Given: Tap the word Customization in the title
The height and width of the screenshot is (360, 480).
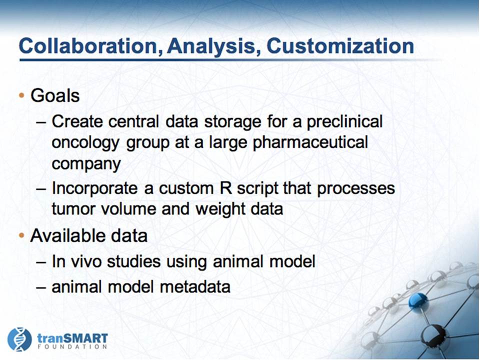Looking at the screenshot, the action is click(340, 46).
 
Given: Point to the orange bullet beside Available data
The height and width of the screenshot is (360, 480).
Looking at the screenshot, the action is click(21, 235).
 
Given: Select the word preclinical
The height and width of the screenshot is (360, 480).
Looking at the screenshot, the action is click(344, 122).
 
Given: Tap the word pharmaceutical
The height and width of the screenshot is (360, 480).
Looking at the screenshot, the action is click(310, 143).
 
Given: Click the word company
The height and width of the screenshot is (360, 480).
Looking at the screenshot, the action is click(86, 164).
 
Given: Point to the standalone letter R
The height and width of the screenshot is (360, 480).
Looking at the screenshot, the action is click(226, 188).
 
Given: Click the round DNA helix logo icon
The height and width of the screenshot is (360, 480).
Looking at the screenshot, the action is click(19, 339).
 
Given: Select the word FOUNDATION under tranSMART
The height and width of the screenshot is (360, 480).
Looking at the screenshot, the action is click(72, 347).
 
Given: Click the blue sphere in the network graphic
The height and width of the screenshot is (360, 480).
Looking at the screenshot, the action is click(418, 300).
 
